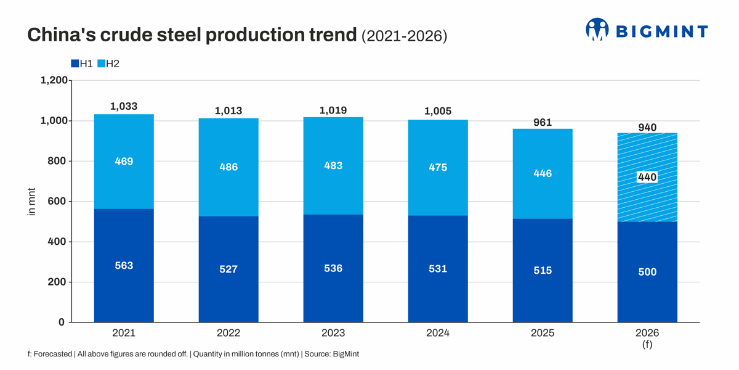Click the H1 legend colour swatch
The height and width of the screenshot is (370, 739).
[x=75, y=64]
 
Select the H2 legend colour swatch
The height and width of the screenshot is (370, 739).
[x=101, y=64]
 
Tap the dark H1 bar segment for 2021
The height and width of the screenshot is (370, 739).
[x=124, y=265]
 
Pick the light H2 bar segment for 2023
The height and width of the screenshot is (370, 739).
[x=333, y=166]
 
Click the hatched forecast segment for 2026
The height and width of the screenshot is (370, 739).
[x=647, y=177]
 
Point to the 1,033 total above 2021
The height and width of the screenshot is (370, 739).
[x=124, y=106]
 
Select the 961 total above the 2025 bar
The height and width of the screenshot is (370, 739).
[x=543, y=123]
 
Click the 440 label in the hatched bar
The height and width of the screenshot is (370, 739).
[x=647, y=177]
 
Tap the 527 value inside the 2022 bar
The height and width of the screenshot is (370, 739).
[x=228, y=269]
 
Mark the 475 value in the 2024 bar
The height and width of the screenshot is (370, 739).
[x=438, y=167]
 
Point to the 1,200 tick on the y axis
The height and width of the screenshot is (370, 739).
[x=54, y=80]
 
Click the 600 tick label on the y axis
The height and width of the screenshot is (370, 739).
[x=57, y=201]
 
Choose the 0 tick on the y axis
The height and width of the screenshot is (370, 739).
[x=62, y=322]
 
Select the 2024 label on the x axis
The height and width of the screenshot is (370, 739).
[x=438, y=332]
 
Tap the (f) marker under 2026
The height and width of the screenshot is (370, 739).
[x=647, y=345]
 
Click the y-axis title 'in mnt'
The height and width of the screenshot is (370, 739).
[x=31, y=202]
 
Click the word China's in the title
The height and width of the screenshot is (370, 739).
[x=62, y=35]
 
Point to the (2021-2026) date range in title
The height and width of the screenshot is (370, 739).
[x=405, y=36]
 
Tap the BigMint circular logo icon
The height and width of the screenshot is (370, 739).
[x=597, y=30]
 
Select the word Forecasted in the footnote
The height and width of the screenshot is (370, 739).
[x=53, y=354]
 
